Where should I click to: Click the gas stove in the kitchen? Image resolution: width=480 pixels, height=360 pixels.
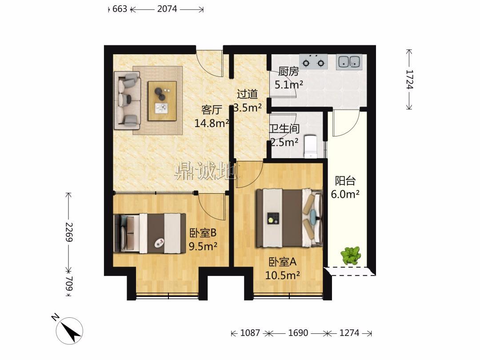pos(313,61)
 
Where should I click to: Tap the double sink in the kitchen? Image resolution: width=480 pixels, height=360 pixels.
pos(349,61)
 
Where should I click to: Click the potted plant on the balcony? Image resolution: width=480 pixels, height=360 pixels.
pos(351,255)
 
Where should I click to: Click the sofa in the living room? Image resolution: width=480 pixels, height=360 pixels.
pos(127,100)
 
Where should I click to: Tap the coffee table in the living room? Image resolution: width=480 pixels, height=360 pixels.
pos(162,101)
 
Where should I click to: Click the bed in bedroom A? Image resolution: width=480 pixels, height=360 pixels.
pos(289,218)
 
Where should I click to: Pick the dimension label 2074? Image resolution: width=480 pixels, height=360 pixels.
pos(167,9)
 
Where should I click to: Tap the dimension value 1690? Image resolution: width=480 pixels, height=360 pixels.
pos(298,333)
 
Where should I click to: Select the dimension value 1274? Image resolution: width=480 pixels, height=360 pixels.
pos(349,333)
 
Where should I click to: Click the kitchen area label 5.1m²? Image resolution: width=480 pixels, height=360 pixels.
pos(289,84)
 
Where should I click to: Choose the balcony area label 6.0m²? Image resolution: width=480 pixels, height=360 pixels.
pos(345,194)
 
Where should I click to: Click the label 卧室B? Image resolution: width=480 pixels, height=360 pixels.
pos(203,233)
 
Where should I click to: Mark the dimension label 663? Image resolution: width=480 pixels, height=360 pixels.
pos(120,9)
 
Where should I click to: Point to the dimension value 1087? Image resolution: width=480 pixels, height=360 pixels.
pos(250,333)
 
